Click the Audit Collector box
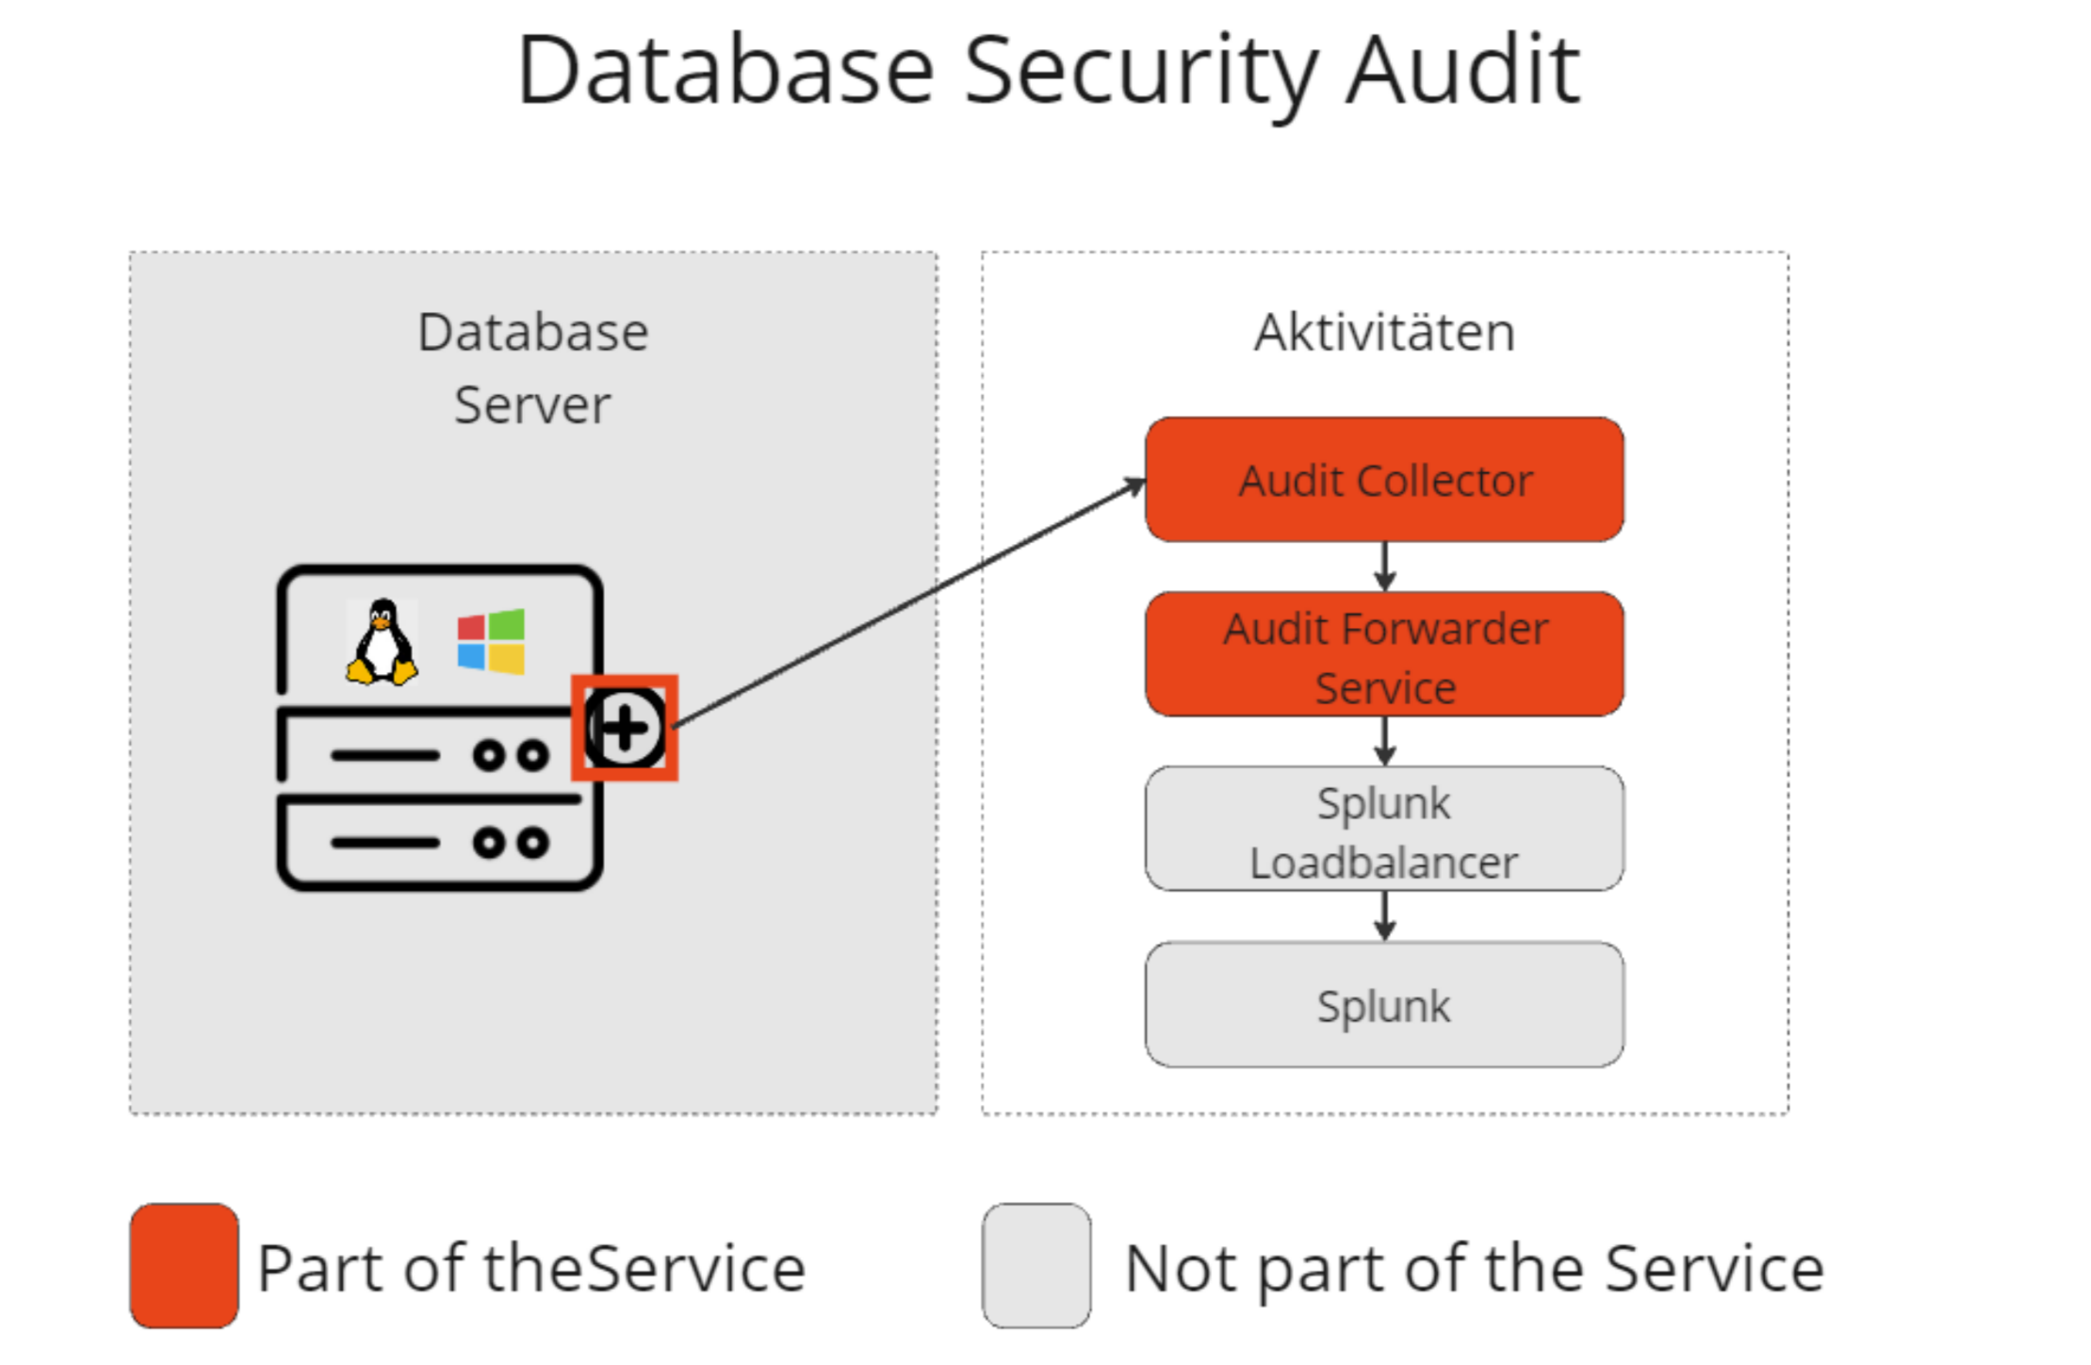tap(1383, 479)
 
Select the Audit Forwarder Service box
tap(1383, 654)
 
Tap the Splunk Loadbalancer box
tap(1383, 829)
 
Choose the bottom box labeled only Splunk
tap(1383, 1004)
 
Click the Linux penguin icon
tap(382, 641)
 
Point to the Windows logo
tap(491, 641)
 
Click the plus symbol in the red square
tap(624, 728)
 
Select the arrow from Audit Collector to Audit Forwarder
tap(1384, 567)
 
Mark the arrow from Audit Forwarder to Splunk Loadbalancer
tap(1384, 741)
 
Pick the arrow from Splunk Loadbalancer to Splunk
tap(1384, 916)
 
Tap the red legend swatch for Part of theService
tap(184, 1265)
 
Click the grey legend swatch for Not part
tap(1037, 1265)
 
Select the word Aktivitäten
tap(1384, 332)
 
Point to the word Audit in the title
tap(1462, 69)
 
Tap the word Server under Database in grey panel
tap(532, 405)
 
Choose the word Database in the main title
tap(726, 69)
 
